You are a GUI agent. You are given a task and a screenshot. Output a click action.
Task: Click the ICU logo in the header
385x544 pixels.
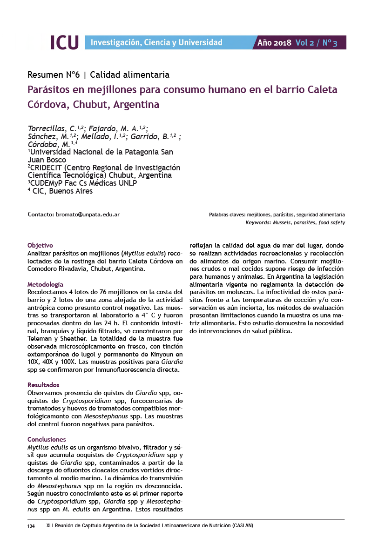click(64, 42)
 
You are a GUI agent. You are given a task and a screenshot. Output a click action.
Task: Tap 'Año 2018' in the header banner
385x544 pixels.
click(274, 43)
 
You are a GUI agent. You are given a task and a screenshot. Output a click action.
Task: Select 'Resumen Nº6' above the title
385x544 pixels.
click(54, 74)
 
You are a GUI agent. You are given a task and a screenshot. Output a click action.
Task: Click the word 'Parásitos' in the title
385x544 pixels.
click(52, 89)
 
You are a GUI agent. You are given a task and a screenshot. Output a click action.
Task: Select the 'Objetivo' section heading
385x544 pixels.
click(40, 245)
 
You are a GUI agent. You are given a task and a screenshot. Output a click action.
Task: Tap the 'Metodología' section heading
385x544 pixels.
click(46, 284)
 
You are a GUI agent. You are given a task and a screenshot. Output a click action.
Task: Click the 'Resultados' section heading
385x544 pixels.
click(43, 385)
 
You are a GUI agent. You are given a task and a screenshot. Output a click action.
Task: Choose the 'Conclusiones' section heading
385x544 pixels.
click(47, 439)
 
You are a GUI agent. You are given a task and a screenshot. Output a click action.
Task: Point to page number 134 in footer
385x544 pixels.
click(31, 526)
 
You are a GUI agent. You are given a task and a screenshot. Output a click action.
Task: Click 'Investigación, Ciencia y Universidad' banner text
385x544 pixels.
click(156, 43)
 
